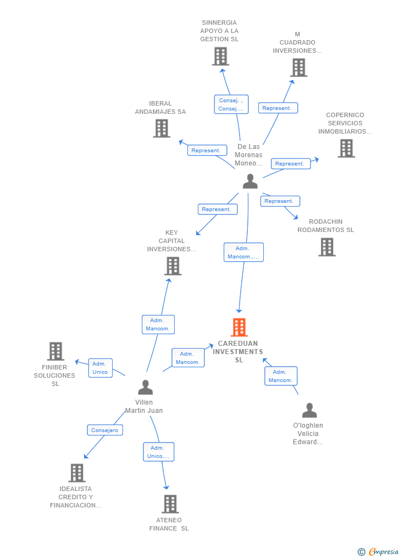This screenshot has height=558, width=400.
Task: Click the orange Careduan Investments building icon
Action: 239,327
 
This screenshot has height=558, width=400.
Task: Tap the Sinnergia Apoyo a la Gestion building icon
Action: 220,56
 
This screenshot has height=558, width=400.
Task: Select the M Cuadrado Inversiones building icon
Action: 298,68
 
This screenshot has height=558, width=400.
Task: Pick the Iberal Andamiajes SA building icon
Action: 162,128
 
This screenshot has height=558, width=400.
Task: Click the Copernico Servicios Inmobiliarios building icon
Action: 346,148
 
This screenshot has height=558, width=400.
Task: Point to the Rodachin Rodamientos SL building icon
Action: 327,247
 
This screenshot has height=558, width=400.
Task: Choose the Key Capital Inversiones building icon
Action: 173,266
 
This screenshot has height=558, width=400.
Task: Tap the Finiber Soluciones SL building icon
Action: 55,351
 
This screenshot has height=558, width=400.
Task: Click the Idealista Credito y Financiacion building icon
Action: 77,473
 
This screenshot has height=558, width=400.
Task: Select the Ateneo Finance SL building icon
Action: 170,504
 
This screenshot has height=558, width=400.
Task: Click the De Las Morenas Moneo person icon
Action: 250,181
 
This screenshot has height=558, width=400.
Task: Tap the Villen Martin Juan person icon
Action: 145,387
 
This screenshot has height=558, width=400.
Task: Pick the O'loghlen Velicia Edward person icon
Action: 309,410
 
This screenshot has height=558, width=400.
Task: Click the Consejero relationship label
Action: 105,430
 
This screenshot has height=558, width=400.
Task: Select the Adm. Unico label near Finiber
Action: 100,368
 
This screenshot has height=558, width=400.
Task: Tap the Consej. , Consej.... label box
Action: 231,104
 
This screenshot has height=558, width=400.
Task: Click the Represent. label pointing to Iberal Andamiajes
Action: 207,150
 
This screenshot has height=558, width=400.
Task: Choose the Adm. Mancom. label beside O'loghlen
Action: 281,376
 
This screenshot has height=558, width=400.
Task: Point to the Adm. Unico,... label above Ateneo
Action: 159,452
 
